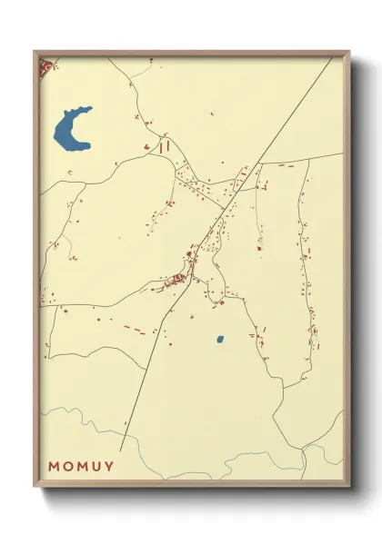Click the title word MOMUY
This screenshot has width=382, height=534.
[82, 467]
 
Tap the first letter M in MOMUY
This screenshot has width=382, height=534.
[55, 467]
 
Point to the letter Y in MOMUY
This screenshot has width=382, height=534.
[110, 467]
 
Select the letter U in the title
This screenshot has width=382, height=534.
[96, 467]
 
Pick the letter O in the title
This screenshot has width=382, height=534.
[68, 467]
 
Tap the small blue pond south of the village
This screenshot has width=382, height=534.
[220, 341]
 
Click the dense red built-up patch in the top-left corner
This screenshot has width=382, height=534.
[45, 66]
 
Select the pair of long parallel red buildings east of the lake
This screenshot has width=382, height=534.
[164, 144]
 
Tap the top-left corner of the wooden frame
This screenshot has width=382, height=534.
[35, 52]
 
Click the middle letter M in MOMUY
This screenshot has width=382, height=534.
[83, 467]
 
